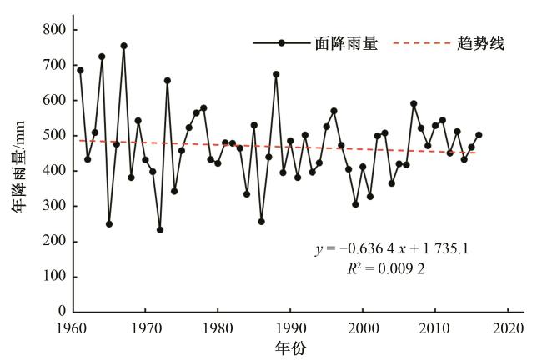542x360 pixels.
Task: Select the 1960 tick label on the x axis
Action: [73, 327]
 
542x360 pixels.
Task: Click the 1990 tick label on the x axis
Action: [291, 327]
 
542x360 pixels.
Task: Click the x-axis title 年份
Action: [291, 347]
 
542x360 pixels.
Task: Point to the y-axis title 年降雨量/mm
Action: [18, 171]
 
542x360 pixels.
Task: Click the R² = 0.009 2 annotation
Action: [389, 270]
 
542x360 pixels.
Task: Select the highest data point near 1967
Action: [123, 46]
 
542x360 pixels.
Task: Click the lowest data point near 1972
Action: [160, 229]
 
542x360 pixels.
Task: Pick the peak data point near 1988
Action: [276, 74]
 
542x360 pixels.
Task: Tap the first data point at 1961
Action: [80, 70]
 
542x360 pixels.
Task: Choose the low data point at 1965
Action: [109, 223]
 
